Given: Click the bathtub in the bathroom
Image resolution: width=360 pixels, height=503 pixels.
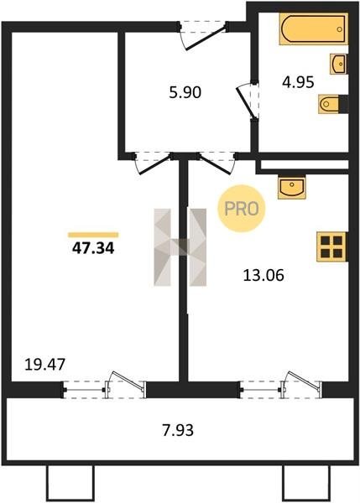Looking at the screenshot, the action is [314, 29].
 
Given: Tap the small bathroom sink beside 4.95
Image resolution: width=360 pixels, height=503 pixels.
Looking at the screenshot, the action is [339, 64].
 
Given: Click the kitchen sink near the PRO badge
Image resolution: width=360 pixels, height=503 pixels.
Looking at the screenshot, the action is [291, 187].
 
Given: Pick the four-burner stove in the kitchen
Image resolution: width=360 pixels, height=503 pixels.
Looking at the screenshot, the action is [331, 246].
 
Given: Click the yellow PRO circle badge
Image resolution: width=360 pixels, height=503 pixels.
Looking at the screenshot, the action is [242, 209].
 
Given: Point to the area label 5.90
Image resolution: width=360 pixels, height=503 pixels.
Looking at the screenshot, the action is [185, 92].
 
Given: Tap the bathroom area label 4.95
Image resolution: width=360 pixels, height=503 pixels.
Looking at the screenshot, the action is [298, 82].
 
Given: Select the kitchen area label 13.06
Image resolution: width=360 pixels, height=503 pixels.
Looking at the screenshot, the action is [263, 275].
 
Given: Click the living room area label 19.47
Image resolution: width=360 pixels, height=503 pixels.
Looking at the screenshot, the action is [45, 365].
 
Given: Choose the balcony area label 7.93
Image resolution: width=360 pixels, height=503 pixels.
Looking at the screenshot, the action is [178, 430].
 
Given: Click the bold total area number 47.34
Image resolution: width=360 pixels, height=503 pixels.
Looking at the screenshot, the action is [93, 248].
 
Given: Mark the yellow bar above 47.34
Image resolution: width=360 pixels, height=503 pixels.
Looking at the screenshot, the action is [93, 235].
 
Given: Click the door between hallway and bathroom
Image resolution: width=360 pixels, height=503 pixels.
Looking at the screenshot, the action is [248, 101].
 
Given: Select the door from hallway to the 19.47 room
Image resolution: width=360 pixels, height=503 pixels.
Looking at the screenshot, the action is [154, 163].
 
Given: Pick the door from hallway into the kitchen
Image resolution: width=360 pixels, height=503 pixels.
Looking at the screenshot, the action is [217, 163].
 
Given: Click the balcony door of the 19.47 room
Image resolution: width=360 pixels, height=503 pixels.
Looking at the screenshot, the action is [104, 386].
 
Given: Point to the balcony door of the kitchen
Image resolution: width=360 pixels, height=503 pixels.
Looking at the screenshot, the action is [280, 386].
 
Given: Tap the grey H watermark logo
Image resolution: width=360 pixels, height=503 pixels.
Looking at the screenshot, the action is [180, 247].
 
